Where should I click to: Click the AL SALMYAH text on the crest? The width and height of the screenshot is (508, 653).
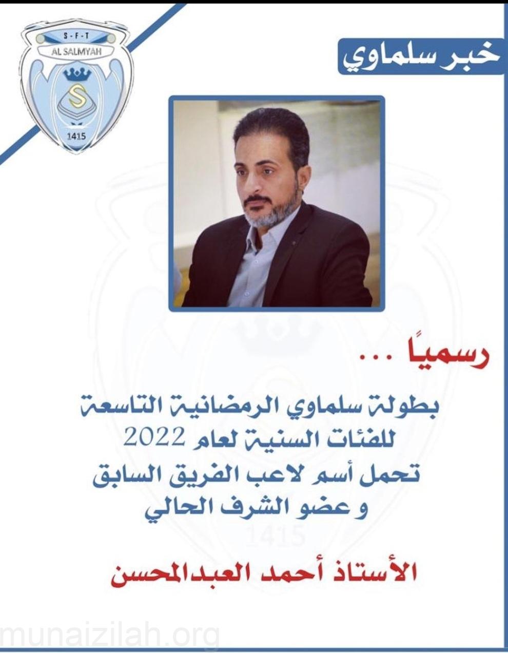click(x=77, y=51)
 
